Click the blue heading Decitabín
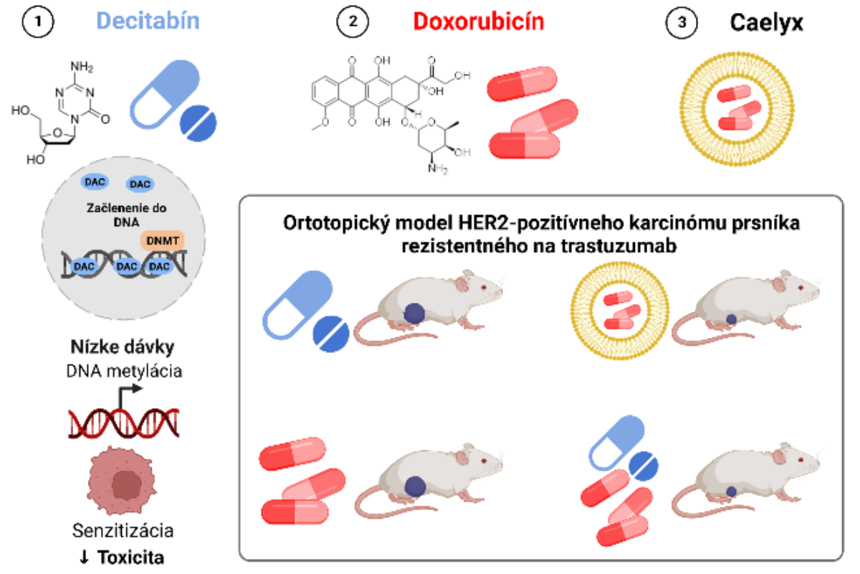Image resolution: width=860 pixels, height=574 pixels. (148, 22)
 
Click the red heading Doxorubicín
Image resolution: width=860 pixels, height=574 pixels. (489, 22)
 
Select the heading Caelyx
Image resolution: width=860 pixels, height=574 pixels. (766, 22)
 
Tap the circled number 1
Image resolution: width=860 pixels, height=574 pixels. (40, 22)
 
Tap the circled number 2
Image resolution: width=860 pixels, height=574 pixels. (353, 22)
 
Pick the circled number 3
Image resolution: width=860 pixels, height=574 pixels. (681, 22)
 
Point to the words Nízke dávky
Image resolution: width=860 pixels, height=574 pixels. (123, 348)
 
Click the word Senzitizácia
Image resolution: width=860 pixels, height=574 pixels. (123, 532)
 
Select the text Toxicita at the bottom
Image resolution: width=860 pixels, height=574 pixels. (132, 557)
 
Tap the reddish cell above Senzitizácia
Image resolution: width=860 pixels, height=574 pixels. (123, 481)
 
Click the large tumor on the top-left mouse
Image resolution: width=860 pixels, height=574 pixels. (414, 313)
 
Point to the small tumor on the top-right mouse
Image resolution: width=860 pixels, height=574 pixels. (730, 318)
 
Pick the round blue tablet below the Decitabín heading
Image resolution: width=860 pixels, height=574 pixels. (204, 122)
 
